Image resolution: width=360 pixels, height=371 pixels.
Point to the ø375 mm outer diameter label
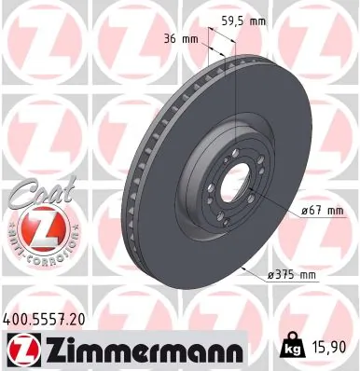(x=292, y=274)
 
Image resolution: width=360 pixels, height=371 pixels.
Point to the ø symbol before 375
(x=271, y=274)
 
